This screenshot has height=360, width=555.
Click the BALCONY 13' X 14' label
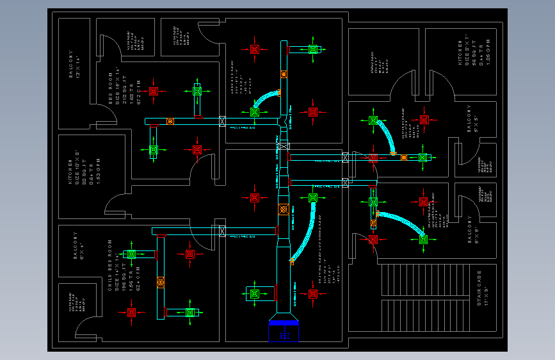coord(75,65)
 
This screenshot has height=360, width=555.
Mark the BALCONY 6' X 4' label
coord(79,247)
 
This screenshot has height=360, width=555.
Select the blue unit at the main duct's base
coord(284,329)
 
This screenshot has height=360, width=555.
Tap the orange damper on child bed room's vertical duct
coord(160,282)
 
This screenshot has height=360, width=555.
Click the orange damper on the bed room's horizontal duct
coord(170,121)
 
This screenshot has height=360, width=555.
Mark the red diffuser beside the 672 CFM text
coord(154,91)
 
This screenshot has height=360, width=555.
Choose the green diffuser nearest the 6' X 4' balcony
coord(131,254)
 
